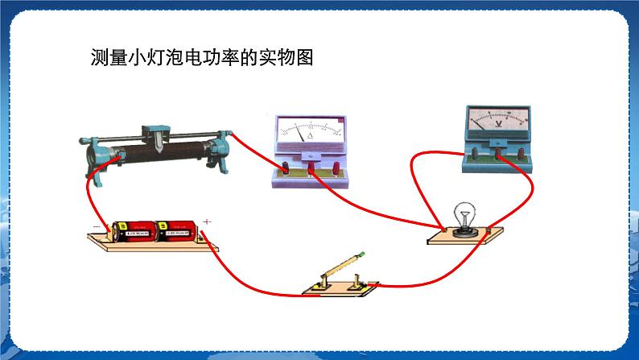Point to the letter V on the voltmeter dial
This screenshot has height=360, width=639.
(499, 125)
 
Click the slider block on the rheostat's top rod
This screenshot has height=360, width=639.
(153, 131)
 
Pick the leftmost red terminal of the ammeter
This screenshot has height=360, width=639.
(284, 168)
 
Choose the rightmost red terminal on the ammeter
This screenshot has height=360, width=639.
(334, 168)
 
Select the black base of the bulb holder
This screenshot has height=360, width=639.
(463, 232)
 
